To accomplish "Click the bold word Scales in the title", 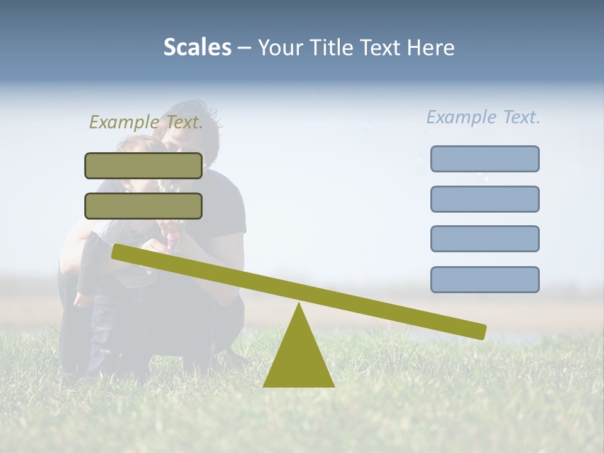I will [x=197, y=47].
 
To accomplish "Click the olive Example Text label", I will [x=146, y=123].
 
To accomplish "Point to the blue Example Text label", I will [x=483, y=117].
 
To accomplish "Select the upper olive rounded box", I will [x=143, y=165].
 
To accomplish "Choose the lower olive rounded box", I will [x=143, y=206].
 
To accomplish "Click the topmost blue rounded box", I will [x=484, y=159].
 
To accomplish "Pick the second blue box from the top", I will [x=484, y=199].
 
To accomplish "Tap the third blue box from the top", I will [x=484, y=239].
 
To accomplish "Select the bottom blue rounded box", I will [x=484, y=279].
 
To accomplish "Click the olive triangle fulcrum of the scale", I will [x=299, y=359].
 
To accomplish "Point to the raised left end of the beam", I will [x=117, y=251].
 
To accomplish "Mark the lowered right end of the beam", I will [x=481, y=332].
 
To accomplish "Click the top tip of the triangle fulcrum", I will [x=299, y=305].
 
